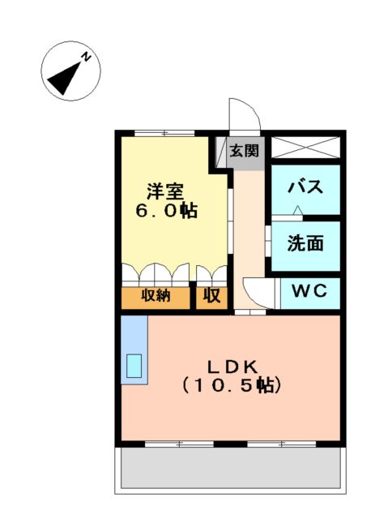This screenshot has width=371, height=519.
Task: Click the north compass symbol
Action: pyautogui.click(x=70, y=72)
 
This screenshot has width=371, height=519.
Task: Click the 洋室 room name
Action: pyautogui.click(x=165, y=192)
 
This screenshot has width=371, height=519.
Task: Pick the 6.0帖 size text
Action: pyautogui.click(x=165, y=212)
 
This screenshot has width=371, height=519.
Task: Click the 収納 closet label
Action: pyautogui.click(x=156, y=296)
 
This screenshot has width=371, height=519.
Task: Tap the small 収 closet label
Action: pyautogui.click(x=211, y=296)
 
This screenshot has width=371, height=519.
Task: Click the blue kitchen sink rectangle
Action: pyautogui.click(x=133, y=367)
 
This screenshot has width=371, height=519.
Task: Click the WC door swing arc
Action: pyautogui.click(x=258, y=290)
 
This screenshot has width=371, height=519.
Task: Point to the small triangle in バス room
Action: pyautogui.click(x=298, y=211)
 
